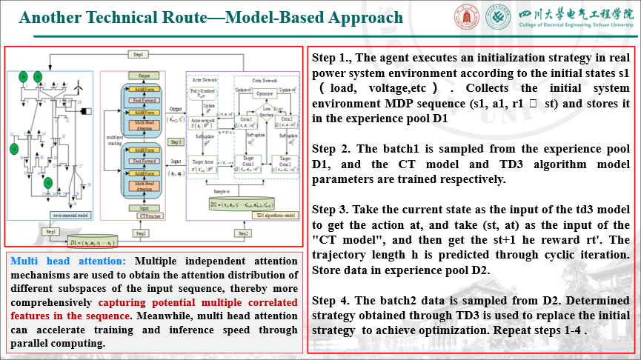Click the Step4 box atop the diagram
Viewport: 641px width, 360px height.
(137, 55)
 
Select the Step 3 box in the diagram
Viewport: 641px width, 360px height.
(176, 141)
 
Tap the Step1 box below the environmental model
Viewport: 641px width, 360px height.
(50, 232)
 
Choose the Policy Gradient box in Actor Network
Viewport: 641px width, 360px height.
(203, 93)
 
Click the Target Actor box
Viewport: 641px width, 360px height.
(205, 162)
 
